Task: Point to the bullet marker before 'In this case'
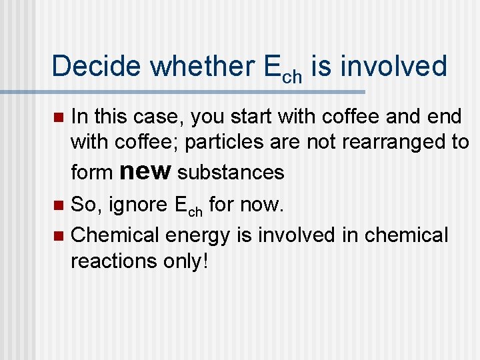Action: point(59,118)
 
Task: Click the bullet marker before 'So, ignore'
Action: point(59,206)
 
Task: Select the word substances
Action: point(231,173)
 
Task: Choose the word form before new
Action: point(91,173)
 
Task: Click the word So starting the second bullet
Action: point(83,205)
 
